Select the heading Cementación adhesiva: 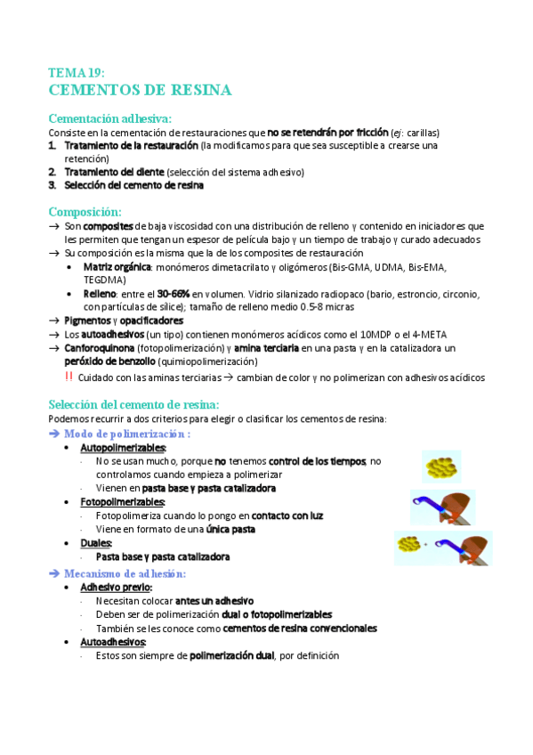[x=110, y=118]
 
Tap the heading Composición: [x=85, y=212]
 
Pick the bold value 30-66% [x=174, y=294]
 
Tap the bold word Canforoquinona [x=104, y=348]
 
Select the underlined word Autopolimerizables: [x=123, y=447]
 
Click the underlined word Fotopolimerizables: [x=123, y=502]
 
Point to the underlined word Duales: [x=96, y=542]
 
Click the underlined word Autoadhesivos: [x=113, y=642]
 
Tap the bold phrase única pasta [x=228, y=529]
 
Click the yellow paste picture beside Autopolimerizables [x=441, y=465]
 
